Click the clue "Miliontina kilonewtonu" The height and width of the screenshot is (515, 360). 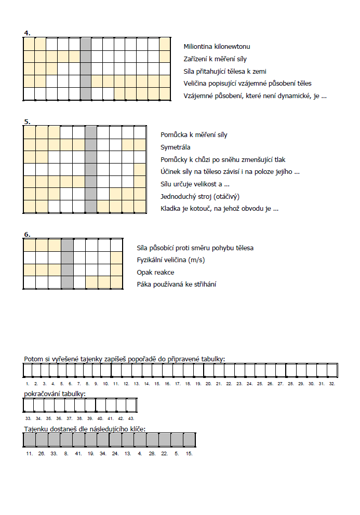(217, 47)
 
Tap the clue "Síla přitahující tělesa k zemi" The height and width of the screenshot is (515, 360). (225, 71)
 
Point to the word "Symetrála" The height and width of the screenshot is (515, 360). (176, 147)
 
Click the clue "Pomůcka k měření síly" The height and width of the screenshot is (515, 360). (194, 135)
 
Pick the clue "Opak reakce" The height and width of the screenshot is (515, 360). (155, 272)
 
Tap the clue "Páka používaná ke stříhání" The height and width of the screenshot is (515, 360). (177, 284)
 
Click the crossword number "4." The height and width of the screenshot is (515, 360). (27, 33)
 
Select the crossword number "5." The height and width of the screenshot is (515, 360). (27, 122)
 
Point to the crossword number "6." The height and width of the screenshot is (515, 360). (27, 235)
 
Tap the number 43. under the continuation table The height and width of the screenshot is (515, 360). (131, 417)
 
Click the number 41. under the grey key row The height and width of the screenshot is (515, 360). (78, 453)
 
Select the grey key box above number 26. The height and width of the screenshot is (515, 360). (42, 440)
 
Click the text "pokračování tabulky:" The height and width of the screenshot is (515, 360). (55, 394)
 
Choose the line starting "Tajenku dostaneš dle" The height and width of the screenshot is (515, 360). (85, 428)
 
